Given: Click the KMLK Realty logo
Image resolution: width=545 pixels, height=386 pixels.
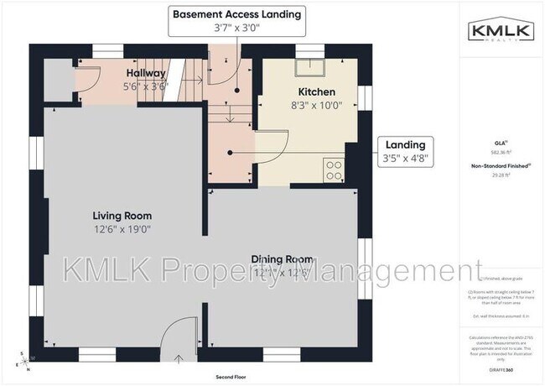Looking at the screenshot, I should click(x=500, y=31).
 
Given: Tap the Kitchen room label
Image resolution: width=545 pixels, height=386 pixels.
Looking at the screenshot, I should click(x=317, y=91).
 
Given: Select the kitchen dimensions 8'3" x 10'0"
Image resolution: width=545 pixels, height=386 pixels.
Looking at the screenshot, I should click(x=317, y=106).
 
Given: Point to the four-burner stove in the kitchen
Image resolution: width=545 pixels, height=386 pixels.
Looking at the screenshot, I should click(x=334, y=170).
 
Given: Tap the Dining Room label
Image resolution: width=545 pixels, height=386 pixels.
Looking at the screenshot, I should click(x=282, y=259).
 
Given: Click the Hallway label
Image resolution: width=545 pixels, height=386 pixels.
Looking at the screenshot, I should click(x=146, y=73).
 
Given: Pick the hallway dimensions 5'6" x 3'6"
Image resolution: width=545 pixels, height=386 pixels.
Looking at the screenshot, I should click(x=146, y=86).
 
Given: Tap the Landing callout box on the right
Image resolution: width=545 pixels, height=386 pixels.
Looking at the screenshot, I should click(x=405, y=151).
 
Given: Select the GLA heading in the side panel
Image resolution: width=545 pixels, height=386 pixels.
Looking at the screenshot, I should click(x=500, y=143).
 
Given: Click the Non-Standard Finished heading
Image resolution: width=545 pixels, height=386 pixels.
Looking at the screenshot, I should click(x=500, y=167).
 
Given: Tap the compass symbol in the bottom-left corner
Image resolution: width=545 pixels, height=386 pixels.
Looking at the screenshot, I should click(x=23, y=361).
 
